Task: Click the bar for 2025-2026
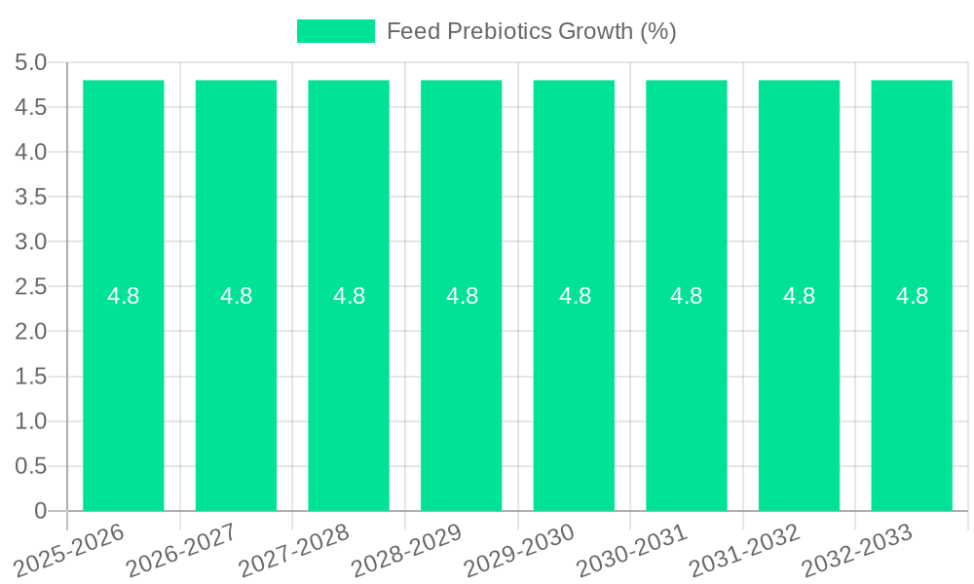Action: [x=123, y=389]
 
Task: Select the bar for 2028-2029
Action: [x=461, y=389]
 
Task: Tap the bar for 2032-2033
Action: [x=912, y=389]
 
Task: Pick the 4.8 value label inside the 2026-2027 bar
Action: [x=236, y=296]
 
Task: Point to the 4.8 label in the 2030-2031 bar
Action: [x=687, y=296]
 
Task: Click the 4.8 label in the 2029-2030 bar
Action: [x=575, y=296]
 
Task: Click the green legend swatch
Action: [x=335, y=31]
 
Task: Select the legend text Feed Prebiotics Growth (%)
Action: [x=531, y=31]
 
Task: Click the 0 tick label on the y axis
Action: [x=40, y=511]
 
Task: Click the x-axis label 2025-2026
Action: [x=71, y=549]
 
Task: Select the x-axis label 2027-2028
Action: [x=296, y=549]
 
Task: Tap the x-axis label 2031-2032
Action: [x=746, y=549]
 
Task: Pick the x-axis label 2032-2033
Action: [x=859, y=549]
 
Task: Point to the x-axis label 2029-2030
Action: [x=521, y=549]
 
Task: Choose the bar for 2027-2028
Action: [x=349, y=389]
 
